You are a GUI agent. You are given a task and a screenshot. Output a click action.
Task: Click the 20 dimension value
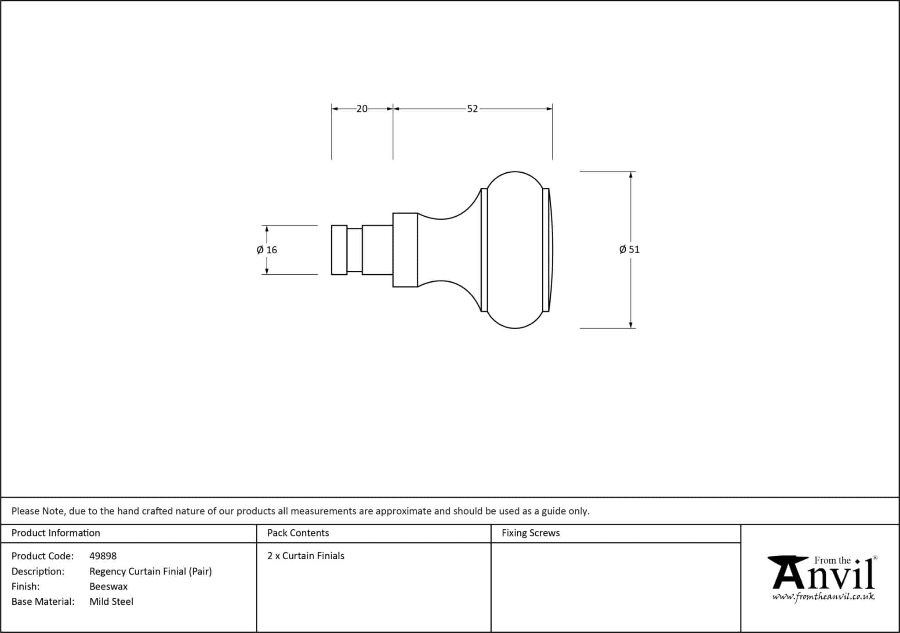(x=362, y=109)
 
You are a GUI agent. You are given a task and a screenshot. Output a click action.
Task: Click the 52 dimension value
(x=472, y=109)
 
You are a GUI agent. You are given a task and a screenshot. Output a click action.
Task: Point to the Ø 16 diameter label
(x=267, y=250)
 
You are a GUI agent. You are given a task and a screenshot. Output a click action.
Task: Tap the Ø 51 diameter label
(x=629, y=250)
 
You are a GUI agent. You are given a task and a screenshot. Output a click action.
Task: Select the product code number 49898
(x=103, y=556)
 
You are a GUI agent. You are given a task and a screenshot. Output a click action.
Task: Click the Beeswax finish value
(x=109, y=586)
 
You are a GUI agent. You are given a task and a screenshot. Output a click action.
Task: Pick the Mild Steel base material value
(x=111, y=601)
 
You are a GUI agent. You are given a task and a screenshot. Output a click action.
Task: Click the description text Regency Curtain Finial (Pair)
(x=151, y=571)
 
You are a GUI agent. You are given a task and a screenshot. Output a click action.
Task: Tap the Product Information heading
(x=56, y=533)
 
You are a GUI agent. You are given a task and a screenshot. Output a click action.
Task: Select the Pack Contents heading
(x=298, y=533)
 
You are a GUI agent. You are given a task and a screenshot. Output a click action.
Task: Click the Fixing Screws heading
(x=531, y=533)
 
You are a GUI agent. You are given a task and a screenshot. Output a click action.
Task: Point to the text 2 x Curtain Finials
(x=306, y=556)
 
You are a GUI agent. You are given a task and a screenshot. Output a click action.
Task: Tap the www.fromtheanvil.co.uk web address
(x=824, y=597)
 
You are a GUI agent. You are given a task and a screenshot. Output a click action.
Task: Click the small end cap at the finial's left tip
(x=339, y=250)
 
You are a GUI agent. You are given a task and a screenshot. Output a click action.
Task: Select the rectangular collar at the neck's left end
(x=405, y=250)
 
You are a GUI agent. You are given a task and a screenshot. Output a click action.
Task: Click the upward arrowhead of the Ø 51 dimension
(x=631, y=175)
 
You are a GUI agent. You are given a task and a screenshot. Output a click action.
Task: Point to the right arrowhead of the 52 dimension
(x=549, y=109)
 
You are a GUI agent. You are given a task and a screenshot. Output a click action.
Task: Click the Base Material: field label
(x=43, y=601)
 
